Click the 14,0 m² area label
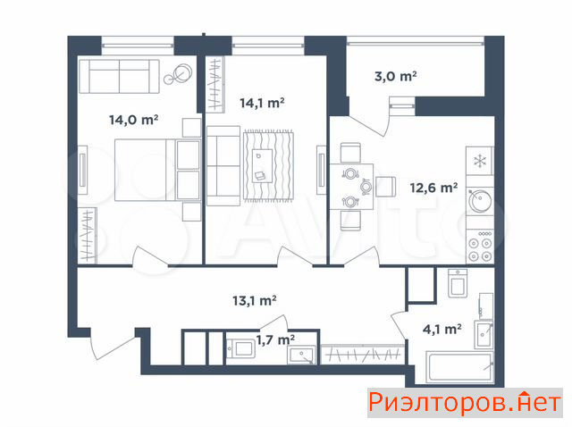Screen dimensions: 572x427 133,120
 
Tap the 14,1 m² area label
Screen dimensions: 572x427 262,103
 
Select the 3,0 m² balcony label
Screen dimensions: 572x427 395,76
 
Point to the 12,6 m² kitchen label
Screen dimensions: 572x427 433,188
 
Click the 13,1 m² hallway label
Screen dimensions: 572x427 254,300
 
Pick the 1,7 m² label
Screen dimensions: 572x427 275,339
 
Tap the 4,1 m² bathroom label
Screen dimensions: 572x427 442,330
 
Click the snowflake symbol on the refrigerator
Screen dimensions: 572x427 479,161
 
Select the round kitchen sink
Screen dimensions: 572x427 480,200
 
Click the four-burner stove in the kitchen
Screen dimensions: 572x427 480,246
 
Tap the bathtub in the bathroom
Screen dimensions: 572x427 460,367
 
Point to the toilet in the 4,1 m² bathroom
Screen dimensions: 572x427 458,283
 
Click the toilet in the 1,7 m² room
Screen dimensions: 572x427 240,348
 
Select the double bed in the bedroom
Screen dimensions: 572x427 157,170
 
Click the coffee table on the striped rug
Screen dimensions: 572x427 262,166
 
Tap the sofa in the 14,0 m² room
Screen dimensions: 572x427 119,76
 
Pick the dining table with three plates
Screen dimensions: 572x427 351,187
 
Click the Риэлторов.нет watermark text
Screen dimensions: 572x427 465,403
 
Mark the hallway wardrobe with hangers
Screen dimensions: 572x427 363,354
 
